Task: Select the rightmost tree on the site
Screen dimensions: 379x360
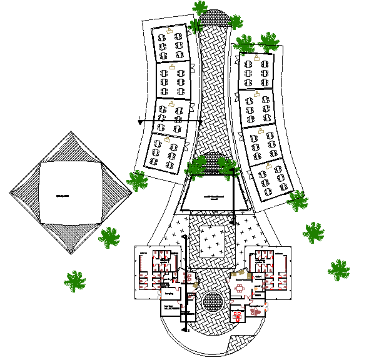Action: pos(338,269)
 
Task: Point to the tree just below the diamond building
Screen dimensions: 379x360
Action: pos(109,237)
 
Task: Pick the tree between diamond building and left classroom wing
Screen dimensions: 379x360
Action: pos(138,181)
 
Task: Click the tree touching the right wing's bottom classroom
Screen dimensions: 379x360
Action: pos(298,201)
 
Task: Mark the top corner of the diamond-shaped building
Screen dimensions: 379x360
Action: pos(70,131)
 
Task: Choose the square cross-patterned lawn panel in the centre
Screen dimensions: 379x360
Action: pos(213,242)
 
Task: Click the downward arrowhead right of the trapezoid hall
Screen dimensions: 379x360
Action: pos(234,221)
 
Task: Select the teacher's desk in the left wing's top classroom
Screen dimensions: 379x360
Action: pos(169,30)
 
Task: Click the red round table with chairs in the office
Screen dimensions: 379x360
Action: pos(239,287)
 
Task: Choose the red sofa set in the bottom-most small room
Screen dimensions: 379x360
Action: pos(238,316)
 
